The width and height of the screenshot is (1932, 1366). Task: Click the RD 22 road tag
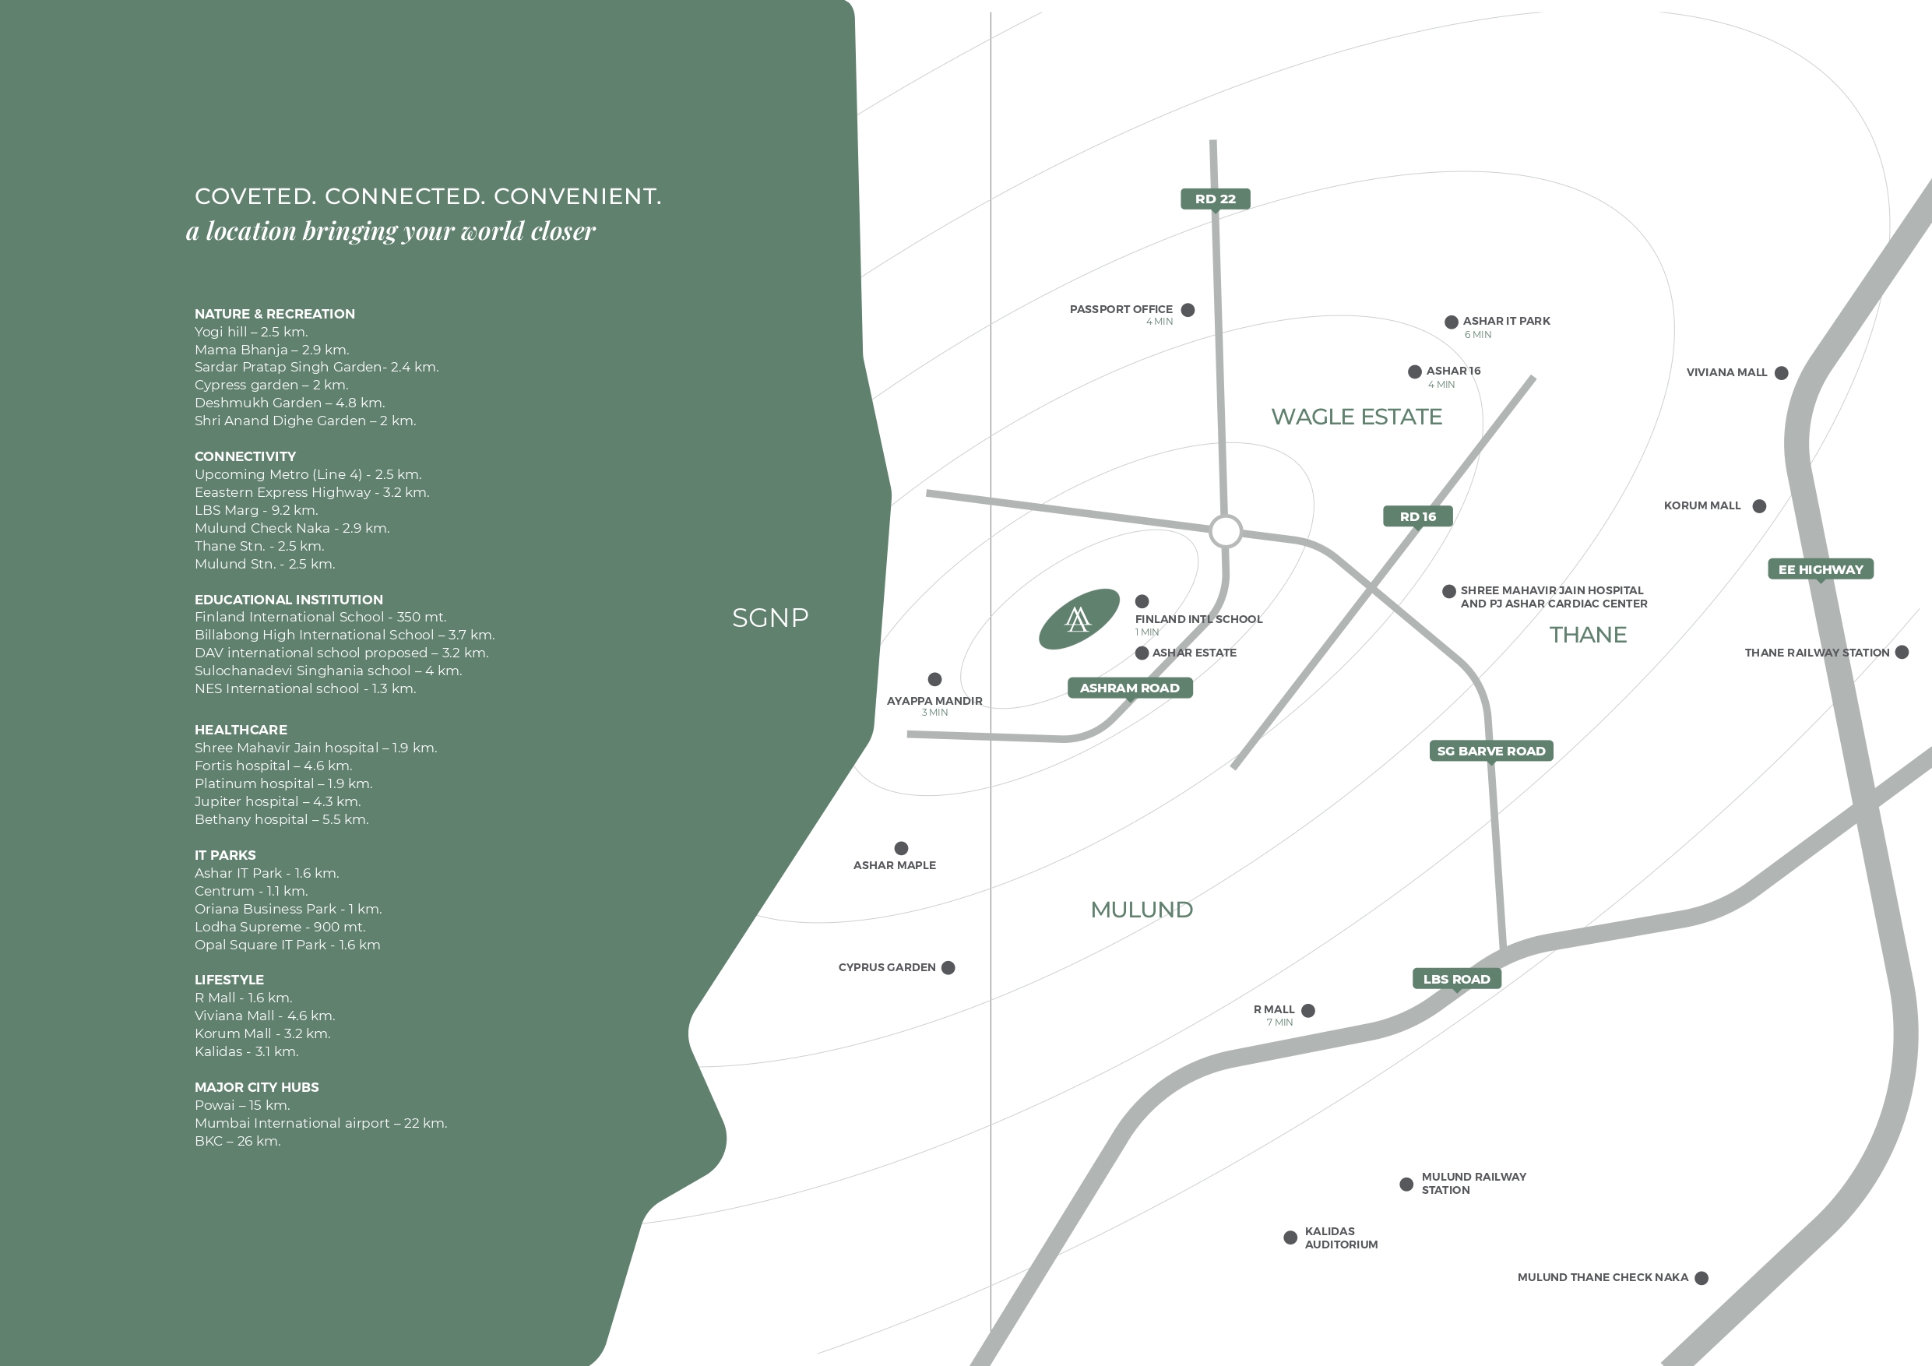(x=1215, y=199)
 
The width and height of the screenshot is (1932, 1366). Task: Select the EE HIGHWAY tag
(x=1821, y=570)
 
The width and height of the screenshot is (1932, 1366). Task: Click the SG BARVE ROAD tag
(x=1491, y=751)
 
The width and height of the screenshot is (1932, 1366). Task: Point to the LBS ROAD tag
(x=1456, y=979)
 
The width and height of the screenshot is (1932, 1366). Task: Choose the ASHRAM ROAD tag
(x=1130, y=688)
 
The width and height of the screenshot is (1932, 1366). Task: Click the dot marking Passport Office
(x=1188, y=310)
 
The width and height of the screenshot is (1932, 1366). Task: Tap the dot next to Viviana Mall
(x=1782, y=373)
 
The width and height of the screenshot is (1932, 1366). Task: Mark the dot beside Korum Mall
(x=1759, y=506)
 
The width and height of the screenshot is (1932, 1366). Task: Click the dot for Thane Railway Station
(x=1902, y=653)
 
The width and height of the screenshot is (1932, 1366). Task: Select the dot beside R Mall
(x=1308, y=1011)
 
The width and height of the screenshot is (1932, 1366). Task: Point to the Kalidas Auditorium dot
(x=1290, y=1237)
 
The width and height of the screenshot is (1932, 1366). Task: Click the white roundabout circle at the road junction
(x=1226, y=531)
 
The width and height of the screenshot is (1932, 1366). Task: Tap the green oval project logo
(x=1079, y=618)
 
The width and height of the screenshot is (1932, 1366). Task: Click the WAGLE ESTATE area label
(x=1357, y=417)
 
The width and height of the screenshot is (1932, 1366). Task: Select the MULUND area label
(x=1142, y=910)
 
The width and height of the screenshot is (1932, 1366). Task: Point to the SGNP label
(x=770, y=618)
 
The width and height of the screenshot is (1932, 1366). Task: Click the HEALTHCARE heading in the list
(x=241, y=730)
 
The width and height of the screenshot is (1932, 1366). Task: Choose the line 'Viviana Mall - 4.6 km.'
(x=265, y=1016)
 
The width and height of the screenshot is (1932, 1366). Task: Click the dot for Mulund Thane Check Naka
(x=1701, y=1278)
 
